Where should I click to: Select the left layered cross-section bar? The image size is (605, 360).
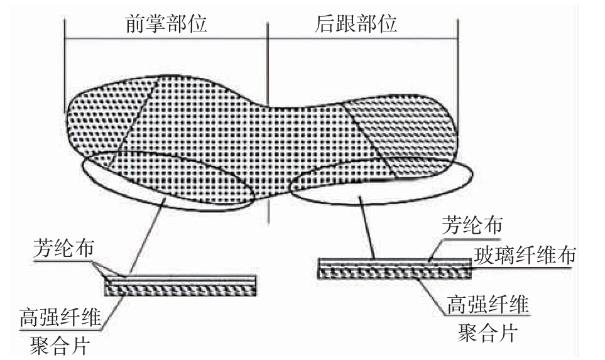click(x=181, y=286)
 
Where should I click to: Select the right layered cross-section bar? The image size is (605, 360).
click(x=395, y=268)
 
